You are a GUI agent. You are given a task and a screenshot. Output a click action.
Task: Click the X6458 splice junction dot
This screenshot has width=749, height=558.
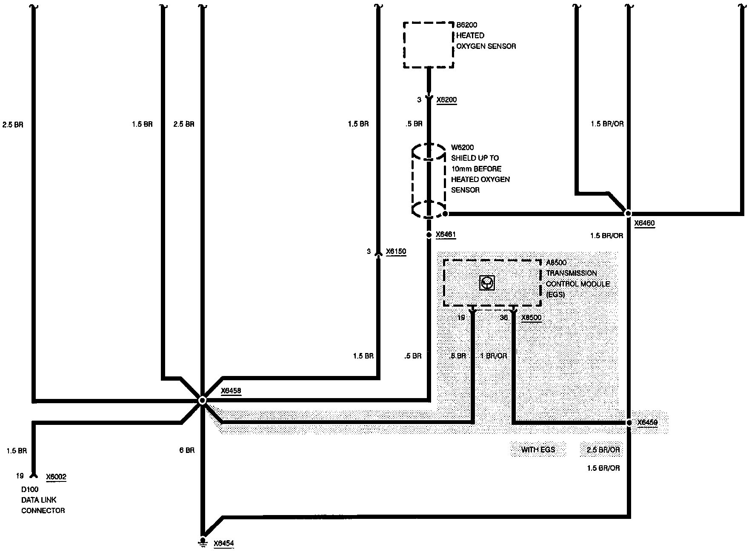pos(203,400)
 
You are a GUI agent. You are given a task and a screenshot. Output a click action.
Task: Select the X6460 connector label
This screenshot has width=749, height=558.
pos(644,223)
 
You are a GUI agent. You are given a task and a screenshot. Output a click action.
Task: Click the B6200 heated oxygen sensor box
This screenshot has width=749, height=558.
pos(429,45)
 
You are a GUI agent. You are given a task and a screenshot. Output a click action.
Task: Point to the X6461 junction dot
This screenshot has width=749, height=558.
pos(429,234)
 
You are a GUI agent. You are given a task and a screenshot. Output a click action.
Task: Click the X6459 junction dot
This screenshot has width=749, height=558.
pos(629,423)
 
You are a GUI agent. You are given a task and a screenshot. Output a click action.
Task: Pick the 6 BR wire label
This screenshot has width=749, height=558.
pos(187,450)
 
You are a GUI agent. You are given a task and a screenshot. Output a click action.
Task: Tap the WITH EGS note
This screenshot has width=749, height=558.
pos(538,450)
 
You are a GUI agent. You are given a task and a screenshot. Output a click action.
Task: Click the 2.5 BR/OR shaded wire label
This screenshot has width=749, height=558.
pos(603,450)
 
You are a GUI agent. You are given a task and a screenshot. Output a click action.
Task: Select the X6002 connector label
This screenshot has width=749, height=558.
pos(56,477)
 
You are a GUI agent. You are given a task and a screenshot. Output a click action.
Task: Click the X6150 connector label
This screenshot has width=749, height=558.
pos(396,251)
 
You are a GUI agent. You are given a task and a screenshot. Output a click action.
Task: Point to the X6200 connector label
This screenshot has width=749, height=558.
pos(446,100)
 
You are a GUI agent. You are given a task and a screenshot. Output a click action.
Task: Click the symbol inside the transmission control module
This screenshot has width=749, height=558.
pos(487,283)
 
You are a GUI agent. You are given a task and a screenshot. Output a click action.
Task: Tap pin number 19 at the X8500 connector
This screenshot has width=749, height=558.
pos(461,317)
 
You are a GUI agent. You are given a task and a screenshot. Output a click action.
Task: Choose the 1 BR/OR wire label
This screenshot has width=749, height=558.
pos(494,356)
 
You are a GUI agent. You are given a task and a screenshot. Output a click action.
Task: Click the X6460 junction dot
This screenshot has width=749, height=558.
pos(628,214)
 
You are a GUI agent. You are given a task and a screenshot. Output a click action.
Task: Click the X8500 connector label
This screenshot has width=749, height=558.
pos(531,317)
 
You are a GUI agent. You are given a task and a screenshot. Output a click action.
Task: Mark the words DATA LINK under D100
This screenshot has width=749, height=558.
pos(39,500)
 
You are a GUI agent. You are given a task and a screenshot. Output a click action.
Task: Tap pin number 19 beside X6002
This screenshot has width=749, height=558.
pos(20,476)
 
